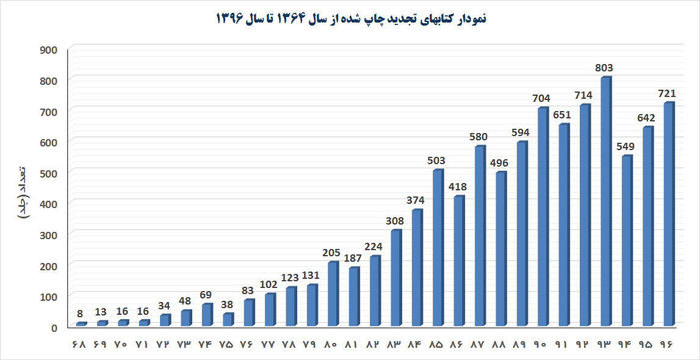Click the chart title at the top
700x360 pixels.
[x=351, y=19]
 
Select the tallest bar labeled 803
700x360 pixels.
[x=606, y=201]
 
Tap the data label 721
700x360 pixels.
[x=666, y=94]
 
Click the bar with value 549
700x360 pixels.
[x=627, y=240]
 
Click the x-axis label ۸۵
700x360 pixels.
[x=436, y=345]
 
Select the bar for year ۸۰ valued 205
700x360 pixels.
[x=333, y=294]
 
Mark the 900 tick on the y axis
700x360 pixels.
[x=49, y=49]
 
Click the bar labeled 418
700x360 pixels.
[x=459, y=261]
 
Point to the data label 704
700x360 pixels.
[x=541, y=99]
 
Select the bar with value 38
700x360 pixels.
[x=228, y=319]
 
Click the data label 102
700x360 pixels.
[x=269, y=284]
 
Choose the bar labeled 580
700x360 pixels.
[x=480, y=236]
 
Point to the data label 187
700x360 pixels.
[x=353, y=258]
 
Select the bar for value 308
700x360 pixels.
[x=396, y=278]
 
